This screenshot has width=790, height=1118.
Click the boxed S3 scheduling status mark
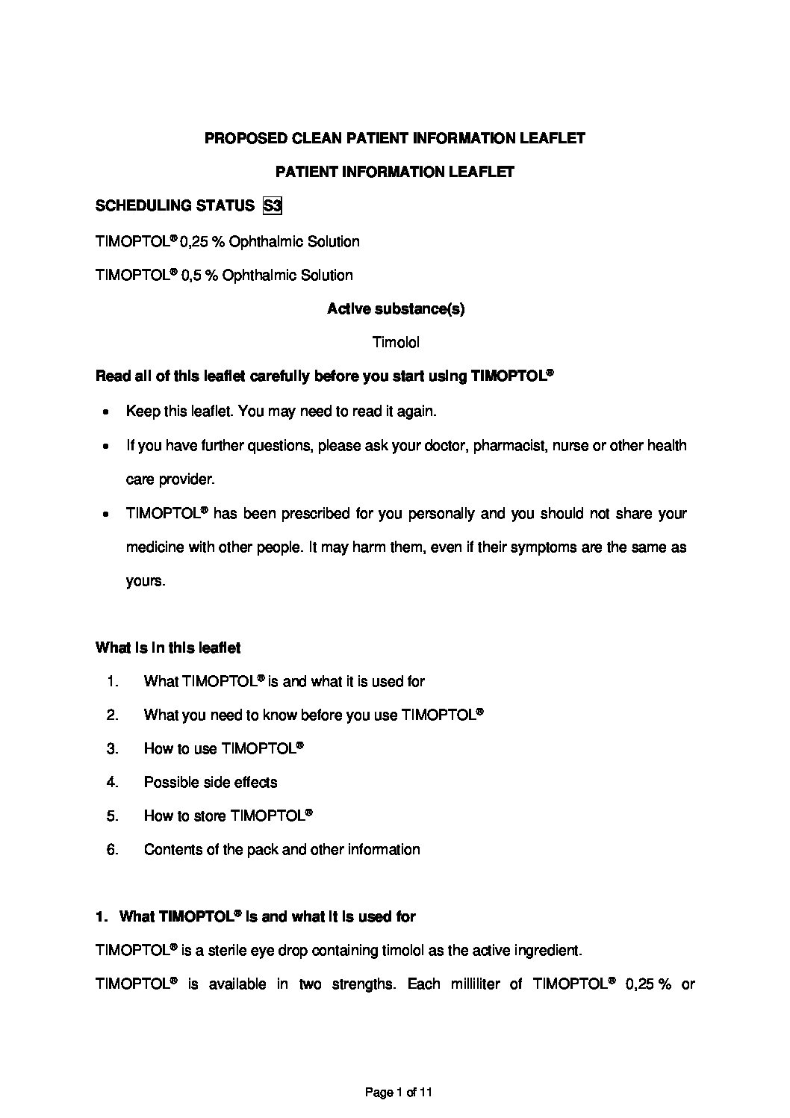(273, 205)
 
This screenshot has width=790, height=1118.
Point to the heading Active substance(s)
(395, 309)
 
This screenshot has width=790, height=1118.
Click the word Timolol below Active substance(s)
(395, 343)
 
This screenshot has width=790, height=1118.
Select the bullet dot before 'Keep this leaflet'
(108, 412)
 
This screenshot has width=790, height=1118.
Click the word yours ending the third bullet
(144, 581)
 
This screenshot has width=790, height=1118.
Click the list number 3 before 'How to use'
(112, 748)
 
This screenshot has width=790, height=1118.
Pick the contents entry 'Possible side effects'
(210, 782)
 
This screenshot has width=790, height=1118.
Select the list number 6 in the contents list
(112, 849)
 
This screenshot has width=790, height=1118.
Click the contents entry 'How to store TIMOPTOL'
(227, 816)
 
